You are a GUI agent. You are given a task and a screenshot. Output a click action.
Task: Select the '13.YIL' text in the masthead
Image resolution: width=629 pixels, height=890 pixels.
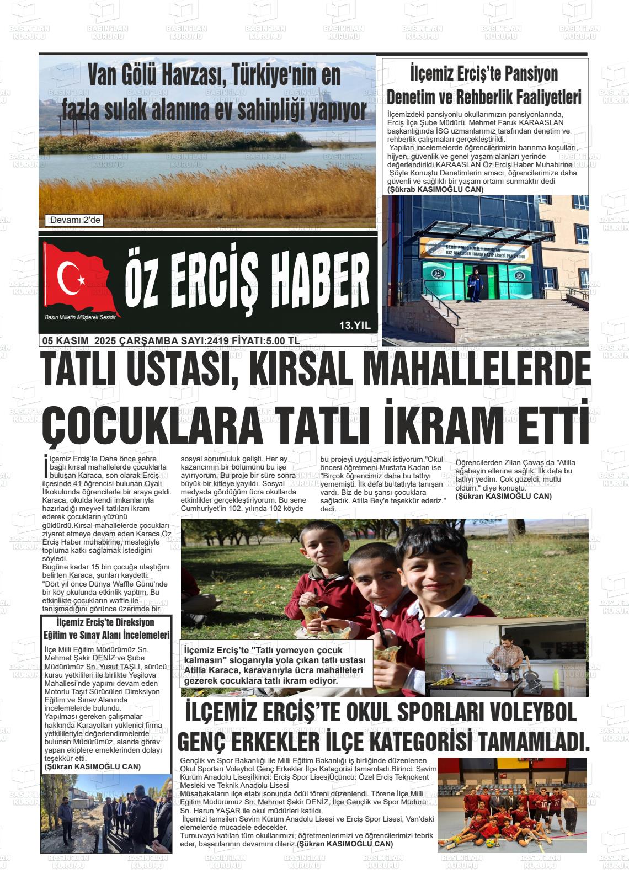tap(355, 326)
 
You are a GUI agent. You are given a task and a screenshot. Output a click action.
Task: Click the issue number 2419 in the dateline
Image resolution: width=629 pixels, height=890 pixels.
tap(217, 341)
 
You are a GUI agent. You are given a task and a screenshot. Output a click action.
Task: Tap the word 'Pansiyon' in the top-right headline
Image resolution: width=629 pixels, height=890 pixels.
tap(524, 73)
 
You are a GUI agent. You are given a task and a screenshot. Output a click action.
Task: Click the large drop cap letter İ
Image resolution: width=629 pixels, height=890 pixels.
tap(45, 465)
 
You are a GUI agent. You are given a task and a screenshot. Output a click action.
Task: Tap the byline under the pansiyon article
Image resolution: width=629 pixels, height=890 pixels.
tap(435, 189)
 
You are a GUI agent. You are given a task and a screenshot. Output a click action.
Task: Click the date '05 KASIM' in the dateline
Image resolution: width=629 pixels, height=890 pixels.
tap(65, 341)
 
